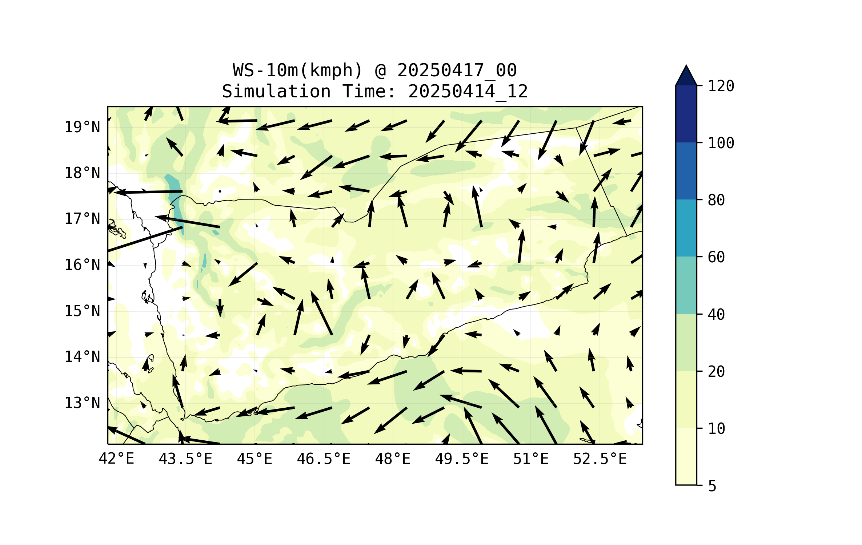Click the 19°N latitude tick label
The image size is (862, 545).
pyautogui.click(x=82, y=127)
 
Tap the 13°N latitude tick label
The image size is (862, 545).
pyautogui.click(x=82, y=403)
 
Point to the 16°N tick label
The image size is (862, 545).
pyautogui.click(x=82, y=265)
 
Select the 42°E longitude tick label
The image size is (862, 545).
pyautogui.click(x=116, y=459)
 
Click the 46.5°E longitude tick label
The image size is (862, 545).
pyautogui.click(x=324, y=459)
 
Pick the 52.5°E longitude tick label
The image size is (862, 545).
pyautogui.click(x=600, y=459)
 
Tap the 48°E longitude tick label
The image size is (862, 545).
pyautogui.click(x=393, y=459)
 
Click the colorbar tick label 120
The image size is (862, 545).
pyautogui.click(x=721, y=86)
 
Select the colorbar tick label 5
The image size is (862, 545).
pyautogui.click(x=712, y=486)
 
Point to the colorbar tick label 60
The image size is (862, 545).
pyautogui.click(x=716, y=257)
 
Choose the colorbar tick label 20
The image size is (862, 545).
pyautogui.click(x=716, y=371)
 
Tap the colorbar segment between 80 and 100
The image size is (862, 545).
pyautogui.click(x=686, y=171)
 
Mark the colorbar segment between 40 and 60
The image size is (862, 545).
pyautogui.click(x=686, y=285)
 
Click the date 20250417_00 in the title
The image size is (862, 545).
pyautogui.click(x=457, y=70)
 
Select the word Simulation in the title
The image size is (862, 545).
pyautogui.click(x=276, y=92)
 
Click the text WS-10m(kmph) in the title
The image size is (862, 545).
pyautogui.click(x=298, y=70)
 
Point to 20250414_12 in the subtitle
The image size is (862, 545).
pyautogui.click(x=468, y=92)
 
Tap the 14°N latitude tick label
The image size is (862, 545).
pyautogui.click(x=82, y=357)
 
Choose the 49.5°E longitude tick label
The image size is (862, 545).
pyautogui.click(x=462, y=459)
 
